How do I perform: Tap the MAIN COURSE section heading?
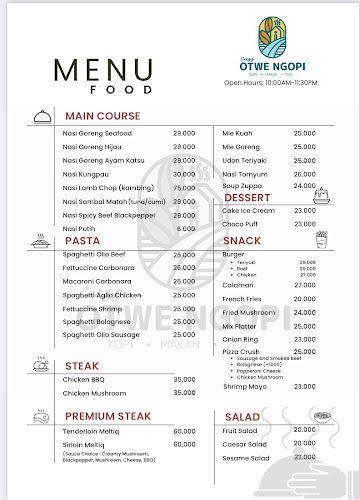tap(103, 116)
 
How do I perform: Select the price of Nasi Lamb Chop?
tap(184, 188)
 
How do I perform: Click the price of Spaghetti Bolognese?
tap(184, 321)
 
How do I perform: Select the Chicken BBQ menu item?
tap(83, 379)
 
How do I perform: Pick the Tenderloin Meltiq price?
tap(184, 430)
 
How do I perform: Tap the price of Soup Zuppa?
tap(304, 186)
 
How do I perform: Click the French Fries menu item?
tap(242, 299)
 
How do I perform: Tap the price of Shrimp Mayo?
tap(304, 386)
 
